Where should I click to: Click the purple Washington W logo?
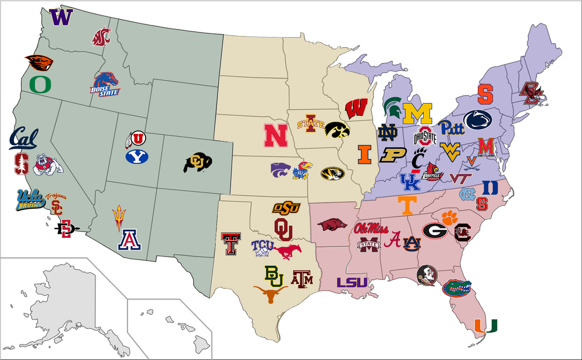60,17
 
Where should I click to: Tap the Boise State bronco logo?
105,84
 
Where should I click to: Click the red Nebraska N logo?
275,135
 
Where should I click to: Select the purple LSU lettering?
352,283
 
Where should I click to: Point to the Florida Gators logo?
456,287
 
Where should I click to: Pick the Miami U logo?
485,327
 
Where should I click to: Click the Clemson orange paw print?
449,218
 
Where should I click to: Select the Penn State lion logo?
478,119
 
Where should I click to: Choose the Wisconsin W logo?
355,109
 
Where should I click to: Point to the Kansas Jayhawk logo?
301,170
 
